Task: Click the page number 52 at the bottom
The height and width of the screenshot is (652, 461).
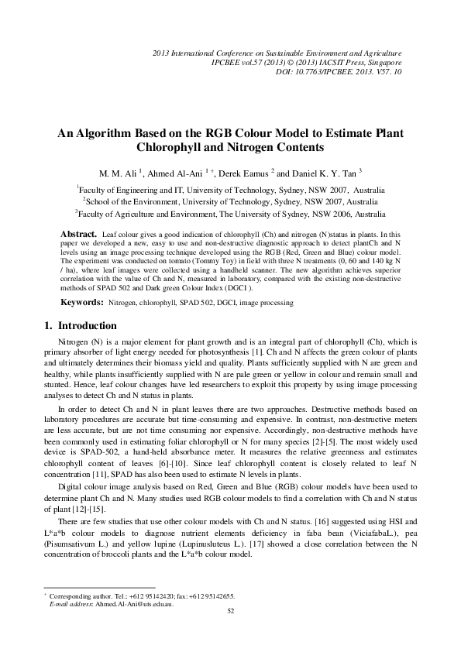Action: point(230,611)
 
